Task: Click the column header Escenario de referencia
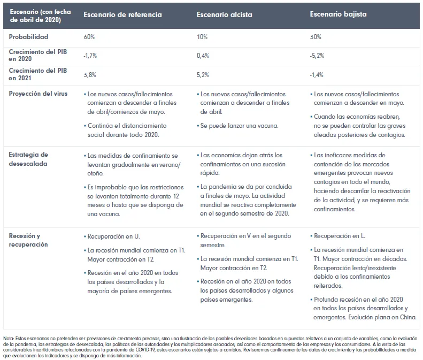[122, 14]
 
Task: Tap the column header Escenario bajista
[338, 14]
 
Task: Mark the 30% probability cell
[317, 37]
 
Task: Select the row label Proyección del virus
[38, 94]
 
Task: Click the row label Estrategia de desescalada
[29, 159]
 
